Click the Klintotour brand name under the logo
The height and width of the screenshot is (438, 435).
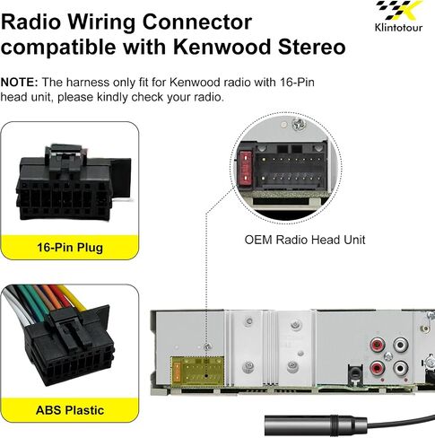[398, 28]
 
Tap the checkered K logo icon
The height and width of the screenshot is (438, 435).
[400, 11]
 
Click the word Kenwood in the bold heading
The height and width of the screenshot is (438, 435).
[222, 47]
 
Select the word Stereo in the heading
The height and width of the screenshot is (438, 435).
[312, 47]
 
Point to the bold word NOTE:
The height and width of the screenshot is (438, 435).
[20, 83]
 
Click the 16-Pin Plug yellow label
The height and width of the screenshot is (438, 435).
[70, 248]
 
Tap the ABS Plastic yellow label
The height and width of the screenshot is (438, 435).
[70, 410]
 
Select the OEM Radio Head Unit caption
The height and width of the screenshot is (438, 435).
[305, 240]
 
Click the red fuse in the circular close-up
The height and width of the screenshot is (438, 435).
[246, 168]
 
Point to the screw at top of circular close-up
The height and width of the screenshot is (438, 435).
[298, 124]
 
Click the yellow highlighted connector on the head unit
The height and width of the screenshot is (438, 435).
[197, 372]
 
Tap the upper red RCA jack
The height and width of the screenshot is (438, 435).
[378, 346]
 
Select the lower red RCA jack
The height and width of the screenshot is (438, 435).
[378, 368]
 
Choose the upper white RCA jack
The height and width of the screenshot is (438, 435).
[400, 345]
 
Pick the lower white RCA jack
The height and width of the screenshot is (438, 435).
[400, 368]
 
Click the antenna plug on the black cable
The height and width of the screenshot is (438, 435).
[316, 425]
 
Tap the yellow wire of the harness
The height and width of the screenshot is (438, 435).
[74, 298]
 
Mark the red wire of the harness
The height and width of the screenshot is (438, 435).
[60, 297]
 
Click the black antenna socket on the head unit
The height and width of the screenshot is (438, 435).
[355, 373]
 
